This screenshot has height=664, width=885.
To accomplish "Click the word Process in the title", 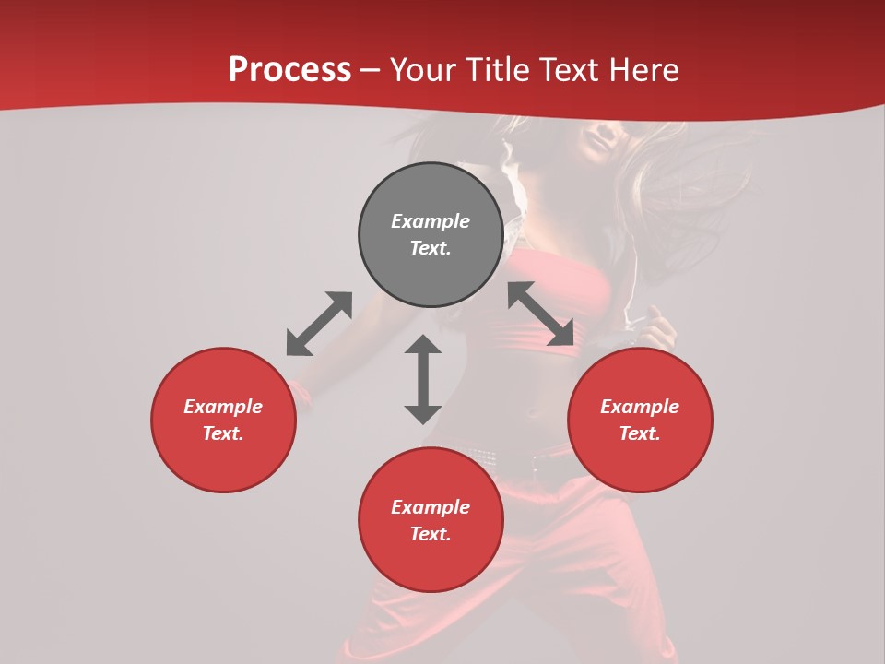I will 289,70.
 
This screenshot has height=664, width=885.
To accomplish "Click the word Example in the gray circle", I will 431,221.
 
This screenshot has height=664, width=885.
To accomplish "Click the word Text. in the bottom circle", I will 431,534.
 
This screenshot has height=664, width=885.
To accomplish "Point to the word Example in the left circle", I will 223,407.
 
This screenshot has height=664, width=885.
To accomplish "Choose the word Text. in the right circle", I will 640,433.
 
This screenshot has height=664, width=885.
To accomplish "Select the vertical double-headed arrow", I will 423,379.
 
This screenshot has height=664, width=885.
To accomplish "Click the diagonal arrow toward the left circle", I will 319,324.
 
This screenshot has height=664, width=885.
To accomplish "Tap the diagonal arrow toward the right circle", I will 541,314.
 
